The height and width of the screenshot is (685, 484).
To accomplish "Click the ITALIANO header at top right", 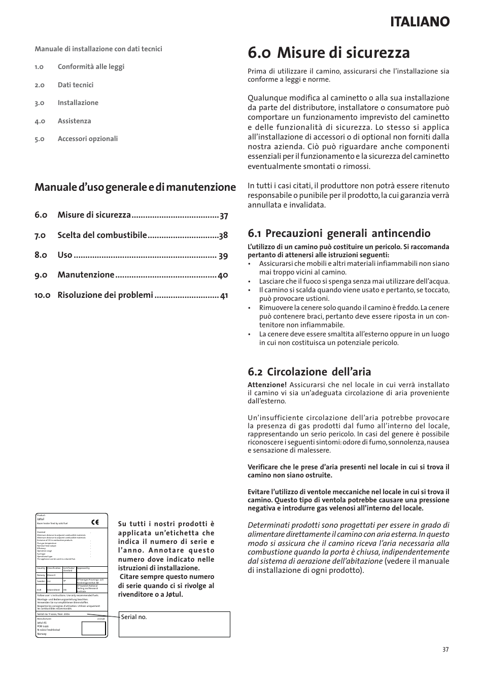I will (x=420, y=22).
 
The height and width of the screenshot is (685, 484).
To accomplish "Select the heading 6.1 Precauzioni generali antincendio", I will (x=339, y=233).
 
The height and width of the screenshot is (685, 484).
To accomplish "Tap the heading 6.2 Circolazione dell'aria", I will (x=309, y=371).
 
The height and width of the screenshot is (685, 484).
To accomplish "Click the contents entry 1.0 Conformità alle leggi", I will (x=90, y=67).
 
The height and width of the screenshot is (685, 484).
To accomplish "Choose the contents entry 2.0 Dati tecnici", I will (x=75, y=85).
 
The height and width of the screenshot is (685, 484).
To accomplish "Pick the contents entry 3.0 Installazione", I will (x=78, y=103).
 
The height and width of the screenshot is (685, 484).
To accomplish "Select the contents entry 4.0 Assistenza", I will (x=74, y=121).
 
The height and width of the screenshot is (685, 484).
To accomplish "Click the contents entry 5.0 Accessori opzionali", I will (x=87, y=139).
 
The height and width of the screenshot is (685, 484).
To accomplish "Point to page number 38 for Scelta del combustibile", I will (x=223, y=235).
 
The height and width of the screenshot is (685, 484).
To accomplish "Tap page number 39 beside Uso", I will (x=223, y=256).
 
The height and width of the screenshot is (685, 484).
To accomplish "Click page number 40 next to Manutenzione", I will (x=223, y=275).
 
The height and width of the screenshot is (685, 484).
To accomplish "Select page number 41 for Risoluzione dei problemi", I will (x=224, y=295).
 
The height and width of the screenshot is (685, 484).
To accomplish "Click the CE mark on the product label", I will (x=95, y=522).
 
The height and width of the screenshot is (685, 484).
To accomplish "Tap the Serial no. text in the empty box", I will (x=134, y=617).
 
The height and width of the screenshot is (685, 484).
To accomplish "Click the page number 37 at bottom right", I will (x=445, y=649).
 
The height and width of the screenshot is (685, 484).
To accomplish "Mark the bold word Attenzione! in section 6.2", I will (x=267, y=385).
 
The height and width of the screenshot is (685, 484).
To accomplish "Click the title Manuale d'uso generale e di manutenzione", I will (x=135, y=187).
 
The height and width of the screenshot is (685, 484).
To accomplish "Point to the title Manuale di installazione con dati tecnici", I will (x=98, y=49).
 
